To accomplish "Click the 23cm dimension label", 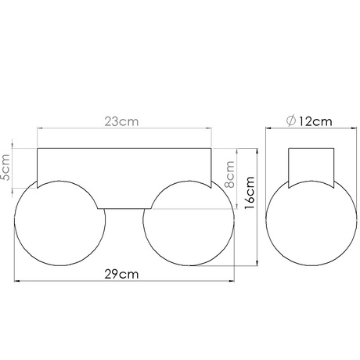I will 124,122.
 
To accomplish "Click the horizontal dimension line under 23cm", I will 78,131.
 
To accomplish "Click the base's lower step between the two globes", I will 124,209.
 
